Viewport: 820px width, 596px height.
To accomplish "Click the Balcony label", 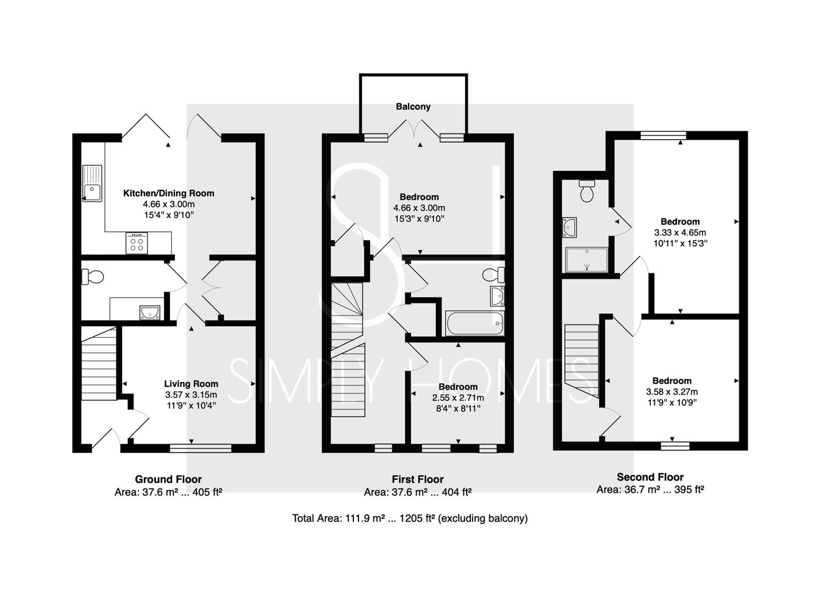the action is tap(413, 107).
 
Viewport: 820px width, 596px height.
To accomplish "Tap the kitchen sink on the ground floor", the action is tap(92, 183).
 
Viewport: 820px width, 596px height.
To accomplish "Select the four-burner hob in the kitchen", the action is tap(137, 243).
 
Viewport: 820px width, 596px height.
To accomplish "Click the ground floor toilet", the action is tap(92, 276).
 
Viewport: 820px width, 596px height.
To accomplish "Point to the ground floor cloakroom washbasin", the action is tap(150, 313).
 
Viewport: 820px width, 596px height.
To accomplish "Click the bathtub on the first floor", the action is tap(474, 323).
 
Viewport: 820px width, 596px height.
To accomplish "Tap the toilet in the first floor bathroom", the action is tap(494, 275).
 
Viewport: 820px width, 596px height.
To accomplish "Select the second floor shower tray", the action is tap(586, 260).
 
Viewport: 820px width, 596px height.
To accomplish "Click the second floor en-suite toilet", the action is tap(587, 191).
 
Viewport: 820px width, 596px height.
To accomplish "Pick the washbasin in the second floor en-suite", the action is tap(569, 227).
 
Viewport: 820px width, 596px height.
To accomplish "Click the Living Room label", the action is tap(191, 384).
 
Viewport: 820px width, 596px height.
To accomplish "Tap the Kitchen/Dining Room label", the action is tap(169, 193).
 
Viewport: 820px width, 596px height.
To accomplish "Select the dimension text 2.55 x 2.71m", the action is tap(458, 398).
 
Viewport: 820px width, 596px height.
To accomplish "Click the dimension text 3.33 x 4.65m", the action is tap(680, 232).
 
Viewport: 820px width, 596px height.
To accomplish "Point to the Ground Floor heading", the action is tap(168, 480).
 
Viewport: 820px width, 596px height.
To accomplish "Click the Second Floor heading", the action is tap(650, 477).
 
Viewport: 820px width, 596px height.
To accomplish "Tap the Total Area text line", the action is tap(410, 518).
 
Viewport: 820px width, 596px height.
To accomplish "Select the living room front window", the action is tap(200, 449).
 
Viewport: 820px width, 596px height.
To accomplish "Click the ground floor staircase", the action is tap(98, 363).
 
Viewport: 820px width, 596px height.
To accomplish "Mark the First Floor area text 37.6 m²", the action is tap(410, 492).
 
